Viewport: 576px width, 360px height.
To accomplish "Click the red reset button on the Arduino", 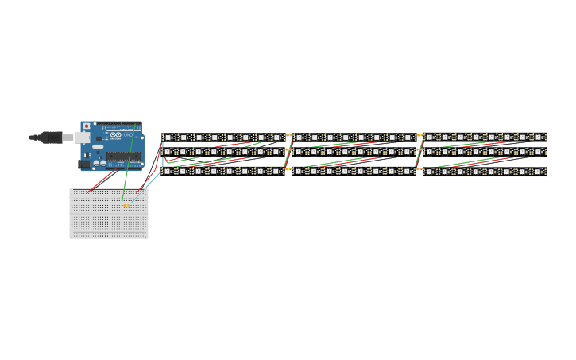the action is click(87, 126).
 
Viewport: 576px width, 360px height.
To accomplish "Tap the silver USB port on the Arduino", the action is click(83, 137).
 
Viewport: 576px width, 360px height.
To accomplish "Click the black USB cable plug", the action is click(52, 137).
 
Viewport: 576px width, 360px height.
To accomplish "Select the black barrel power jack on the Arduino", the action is click(84, 164).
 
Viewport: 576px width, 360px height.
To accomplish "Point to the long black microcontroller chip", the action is click(123, 157).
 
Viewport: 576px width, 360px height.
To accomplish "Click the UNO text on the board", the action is click(128, 135).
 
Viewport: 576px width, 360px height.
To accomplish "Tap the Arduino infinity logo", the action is click(115, 135).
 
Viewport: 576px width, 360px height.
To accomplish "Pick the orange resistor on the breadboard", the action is click(126, 205).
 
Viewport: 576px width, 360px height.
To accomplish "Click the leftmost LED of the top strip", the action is click(168, 137).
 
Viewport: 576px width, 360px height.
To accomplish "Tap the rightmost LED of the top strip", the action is click(539, 137).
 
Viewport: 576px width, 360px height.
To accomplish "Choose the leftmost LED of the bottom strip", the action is click(168, 172).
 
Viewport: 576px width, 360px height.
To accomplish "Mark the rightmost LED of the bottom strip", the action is click(539, 172).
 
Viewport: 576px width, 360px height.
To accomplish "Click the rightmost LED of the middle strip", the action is click(539, 152).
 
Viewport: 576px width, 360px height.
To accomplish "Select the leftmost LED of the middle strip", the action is click(168, 152).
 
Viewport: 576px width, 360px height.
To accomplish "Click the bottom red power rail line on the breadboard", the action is click(109, 236).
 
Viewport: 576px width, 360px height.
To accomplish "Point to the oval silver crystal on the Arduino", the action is click(98, 146).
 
